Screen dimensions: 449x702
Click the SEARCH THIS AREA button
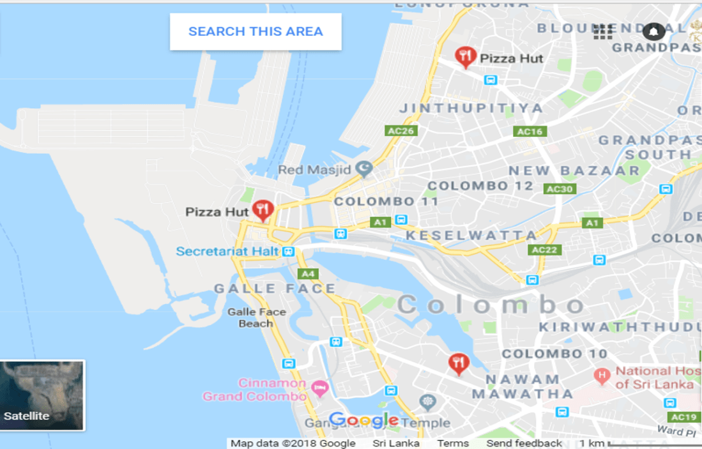(x=256, y=31)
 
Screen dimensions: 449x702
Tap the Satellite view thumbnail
(x=42, y=395)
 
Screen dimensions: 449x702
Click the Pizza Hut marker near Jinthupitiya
(x=466, y=57)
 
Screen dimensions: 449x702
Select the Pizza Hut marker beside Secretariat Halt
(x=263, y=209)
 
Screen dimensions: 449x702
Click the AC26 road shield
(x=401, y=131)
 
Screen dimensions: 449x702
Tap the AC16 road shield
(x=530, y=132)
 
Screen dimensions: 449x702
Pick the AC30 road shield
(x=560, y=189)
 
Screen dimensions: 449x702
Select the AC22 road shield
(x=545, y=250)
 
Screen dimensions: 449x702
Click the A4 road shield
(x=309, y=274)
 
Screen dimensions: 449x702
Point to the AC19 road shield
(x=684, y=417)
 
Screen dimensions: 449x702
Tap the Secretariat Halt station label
(x=227, y=252)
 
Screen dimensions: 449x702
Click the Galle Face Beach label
(x=257, y=317)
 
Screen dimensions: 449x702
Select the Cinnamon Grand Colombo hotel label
(x=255, y=390)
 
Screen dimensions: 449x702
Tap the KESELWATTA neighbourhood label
(x=471, y=236)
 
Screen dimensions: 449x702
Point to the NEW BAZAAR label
(x=574, y=171)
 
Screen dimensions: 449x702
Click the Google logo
(x=363, y=420)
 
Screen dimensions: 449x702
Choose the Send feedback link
(x=524, y=443)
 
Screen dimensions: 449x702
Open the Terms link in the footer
(x=453, y=443)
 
